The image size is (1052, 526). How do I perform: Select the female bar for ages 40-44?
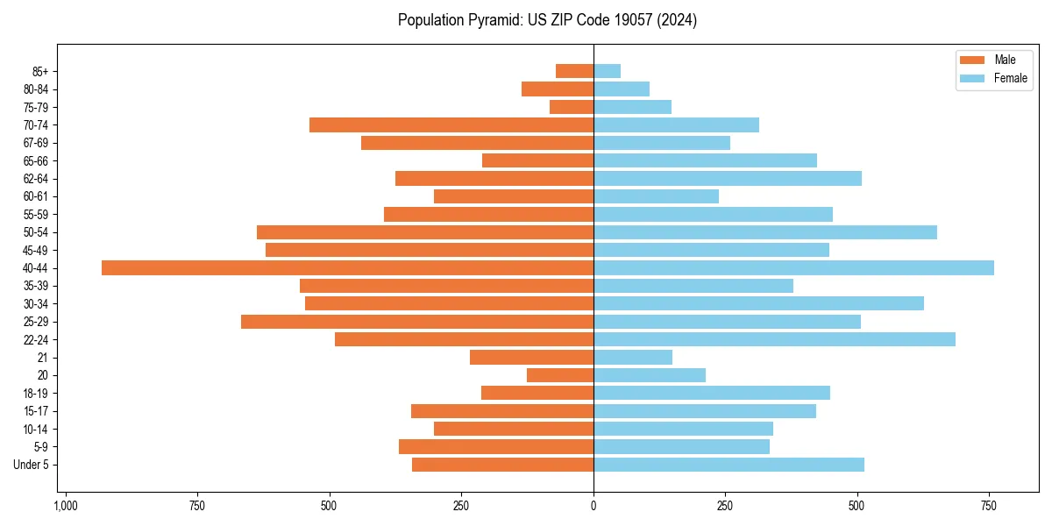(793, 267)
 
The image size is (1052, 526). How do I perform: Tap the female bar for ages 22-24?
(774, 339)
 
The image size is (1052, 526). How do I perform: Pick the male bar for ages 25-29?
(417, 322)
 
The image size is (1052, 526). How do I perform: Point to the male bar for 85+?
(574, 71)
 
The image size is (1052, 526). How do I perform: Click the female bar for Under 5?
(729, 465)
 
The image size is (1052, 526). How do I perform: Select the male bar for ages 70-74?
(451, 124)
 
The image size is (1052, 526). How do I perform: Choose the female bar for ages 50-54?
(765, 232)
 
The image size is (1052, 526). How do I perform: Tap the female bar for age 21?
(633, 357)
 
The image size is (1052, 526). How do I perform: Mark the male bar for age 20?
(560, 375)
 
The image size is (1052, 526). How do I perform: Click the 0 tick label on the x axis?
(594, 506)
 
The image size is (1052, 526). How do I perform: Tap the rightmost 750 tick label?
(988, 506)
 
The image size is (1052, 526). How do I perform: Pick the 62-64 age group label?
(36, 179)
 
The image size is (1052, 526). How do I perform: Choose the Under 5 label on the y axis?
(31, 465)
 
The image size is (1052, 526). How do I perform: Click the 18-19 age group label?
(36, 393)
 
